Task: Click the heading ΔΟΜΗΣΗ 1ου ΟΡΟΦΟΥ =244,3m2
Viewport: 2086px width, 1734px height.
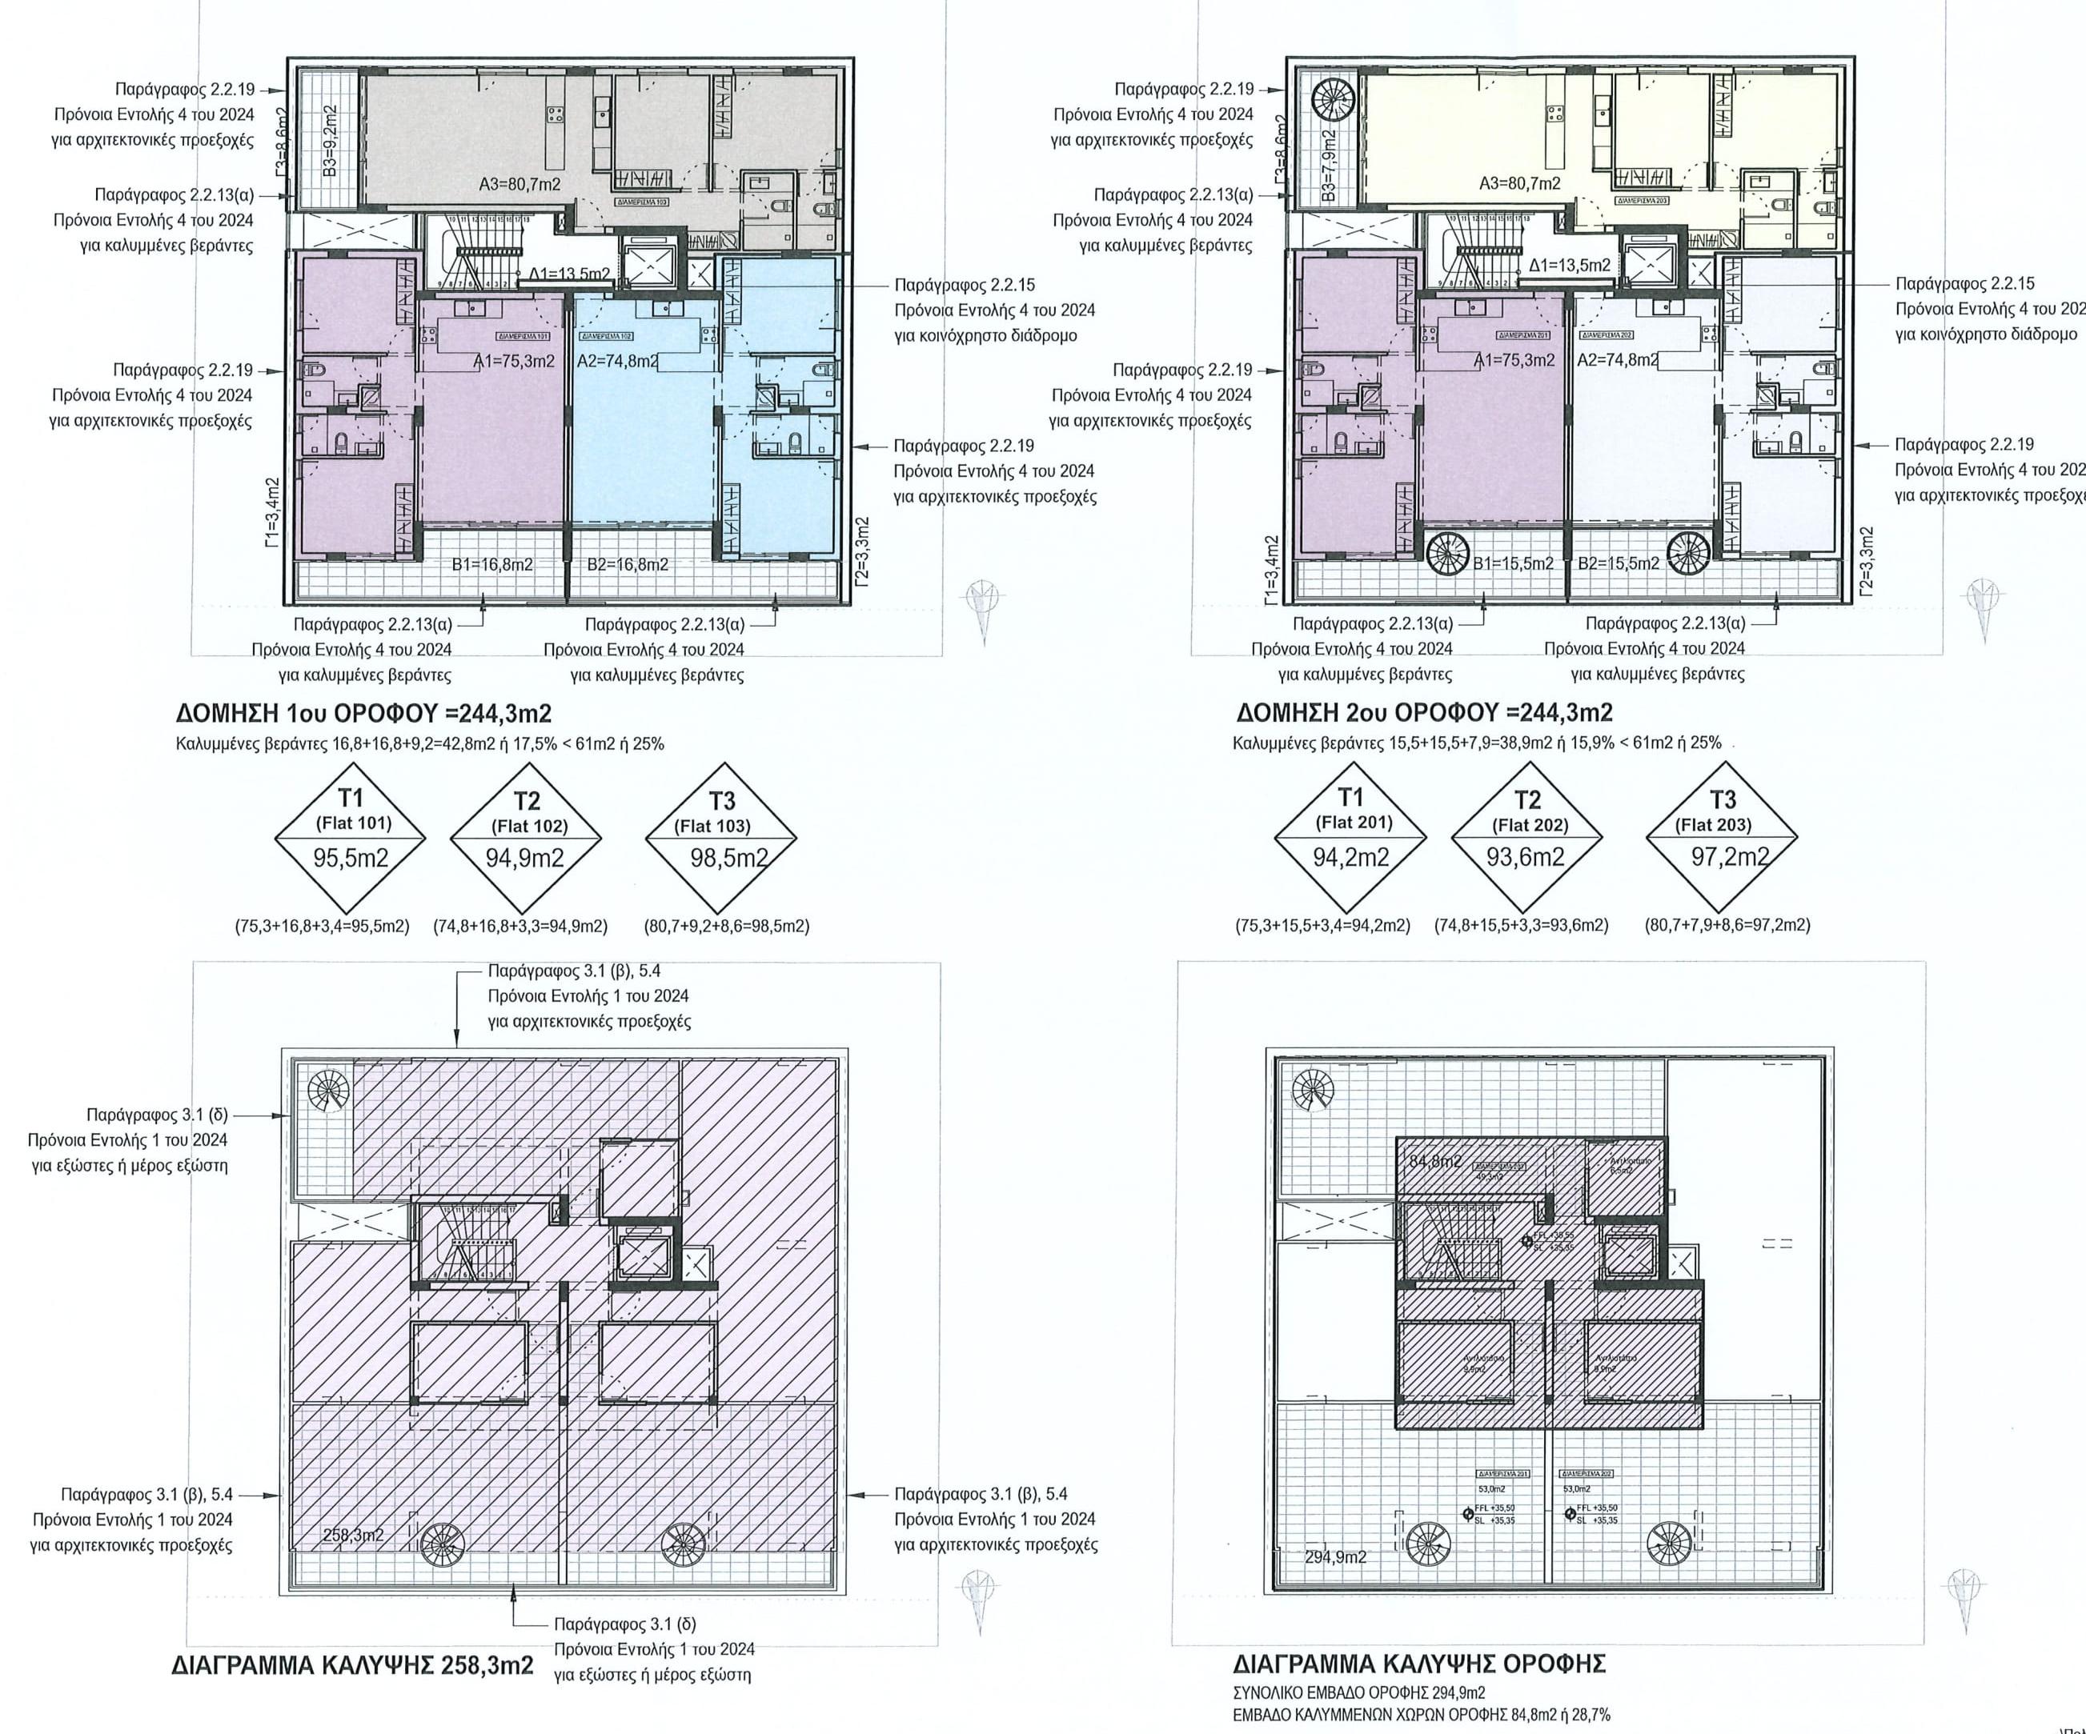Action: click(363, 713)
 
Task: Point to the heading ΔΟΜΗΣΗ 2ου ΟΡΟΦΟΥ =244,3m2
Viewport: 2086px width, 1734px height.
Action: click(1425, 712)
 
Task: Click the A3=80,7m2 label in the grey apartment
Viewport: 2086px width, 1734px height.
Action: click(519, 184)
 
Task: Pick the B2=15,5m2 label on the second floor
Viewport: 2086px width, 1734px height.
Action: click(1619, 563)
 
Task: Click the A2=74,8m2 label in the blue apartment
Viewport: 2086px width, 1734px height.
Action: click(617, 361)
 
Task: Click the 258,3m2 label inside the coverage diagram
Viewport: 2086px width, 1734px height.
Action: click(354, 1536)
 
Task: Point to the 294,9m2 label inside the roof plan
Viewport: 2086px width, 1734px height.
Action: click(1335, 1557)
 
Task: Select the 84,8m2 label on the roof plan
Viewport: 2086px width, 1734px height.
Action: click(1435, 1161)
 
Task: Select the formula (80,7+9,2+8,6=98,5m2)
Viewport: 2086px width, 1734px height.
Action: click(727, 926)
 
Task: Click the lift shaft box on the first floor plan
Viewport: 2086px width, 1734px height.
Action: click(648, 261)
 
